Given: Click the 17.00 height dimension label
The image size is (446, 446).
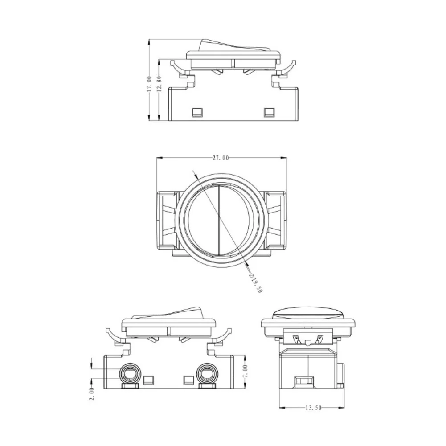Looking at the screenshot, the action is coord(149,84).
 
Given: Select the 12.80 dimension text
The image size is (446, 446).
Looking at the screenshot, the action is coord(160,84).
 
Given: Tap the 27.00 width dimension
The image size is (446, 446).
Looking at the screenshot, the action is coord(221,158).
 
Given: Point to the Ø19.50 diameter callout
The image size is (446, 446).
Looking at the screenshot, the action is coord(255,283).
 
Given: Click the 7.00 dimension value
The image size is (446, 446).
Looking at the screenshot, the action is coord(246,372).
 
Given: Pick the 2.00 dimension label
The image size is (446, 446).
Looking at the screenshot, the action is coord(92,394).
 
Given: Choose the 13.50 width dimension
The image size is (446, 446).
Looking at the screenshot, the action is coord(314,408).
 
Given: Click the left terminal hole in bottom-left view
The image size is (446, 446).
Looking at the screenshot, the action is coord(130,374).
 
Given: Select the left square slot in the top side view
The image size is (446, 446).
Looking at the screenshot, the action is coord(197,112).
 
